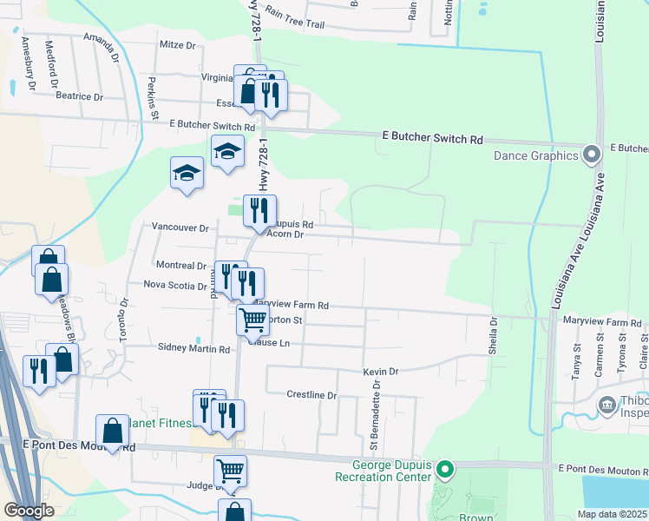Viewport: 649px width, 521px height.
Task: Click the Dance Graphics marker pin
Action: coord(593,155)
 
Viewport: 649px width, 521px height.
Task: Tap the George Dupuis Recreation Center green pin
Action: coord(445,472)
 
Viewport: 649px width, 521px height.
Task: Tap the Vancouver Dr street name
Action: coord(180,228)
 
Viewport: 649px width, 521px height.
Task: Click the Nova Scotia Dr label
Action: coord(175,285)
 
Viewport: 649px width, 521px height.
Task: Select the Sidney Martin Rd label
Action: coord(193,348)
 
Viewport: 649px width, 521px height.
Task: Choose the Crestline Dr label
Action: coord(311,395)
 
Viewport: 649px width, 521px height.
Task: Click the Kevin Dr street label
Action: coord(381,372)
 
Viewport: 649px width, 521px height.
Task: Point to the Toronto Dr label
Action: coord(124,319)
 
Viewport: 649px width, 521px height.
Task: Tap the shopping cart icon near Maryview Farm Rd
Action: coord(252,318)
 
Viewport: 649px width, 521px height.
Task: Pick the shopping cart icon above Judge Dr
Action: coord(230,471)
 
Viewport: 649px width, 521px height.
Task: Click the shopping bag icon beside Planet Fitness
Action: coord(112,430)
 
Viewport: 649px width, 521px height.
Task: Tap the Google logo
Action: coord(29,511)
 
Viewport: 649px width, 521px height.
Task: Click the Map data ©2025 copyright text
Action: coord(612,514)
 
